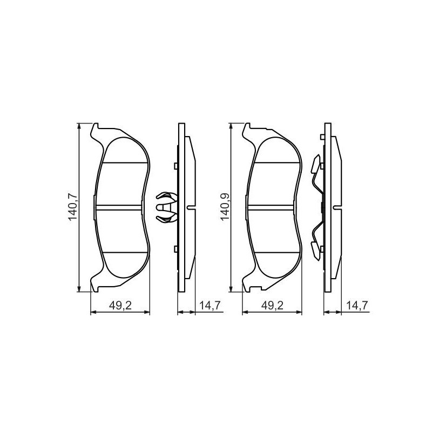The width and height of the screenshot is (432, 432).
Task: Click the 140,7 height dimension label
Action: click(x=72, y=207)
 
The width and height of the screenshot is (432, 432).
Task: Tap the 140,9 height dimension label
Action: click(x=225, y=207)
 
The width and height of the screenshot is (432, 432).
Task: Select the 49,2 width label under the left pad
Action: click(x=120, y=306)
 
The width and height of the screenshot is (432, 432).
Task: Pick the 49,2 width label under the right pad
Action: click(x=272, y=306)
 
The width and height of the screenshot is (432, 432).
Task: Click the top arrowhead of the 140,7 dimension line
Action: click(x=79, y=126)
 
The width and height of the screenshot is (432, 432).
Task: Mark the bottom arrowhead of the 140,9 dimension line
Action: click(x=232, y=288)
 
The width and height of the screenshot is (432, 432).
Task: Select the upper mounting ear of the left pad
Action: click(x=96, y=130)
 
